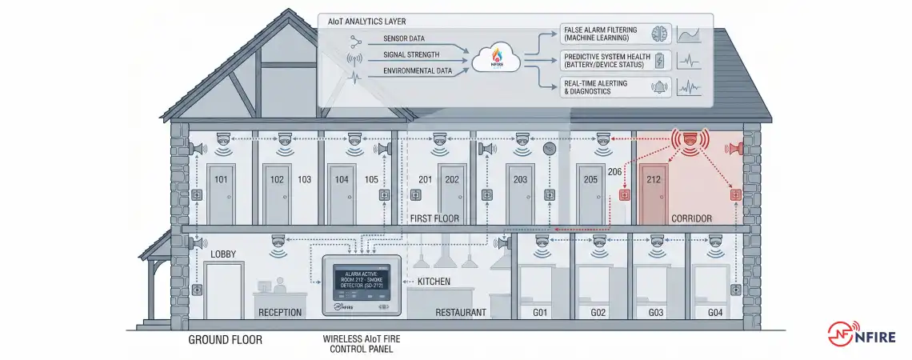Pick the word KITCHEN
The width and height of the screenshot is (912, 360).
pos(433,282)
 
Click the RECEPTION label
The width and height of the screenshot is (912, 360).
pos(280,312)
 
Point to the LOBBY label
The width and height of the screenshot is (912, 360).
pos(223,254)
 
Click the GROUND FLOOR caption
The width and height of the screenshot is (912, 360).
pos(225,340)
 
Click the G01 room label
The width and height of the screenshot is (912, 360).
pos(540,312)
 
